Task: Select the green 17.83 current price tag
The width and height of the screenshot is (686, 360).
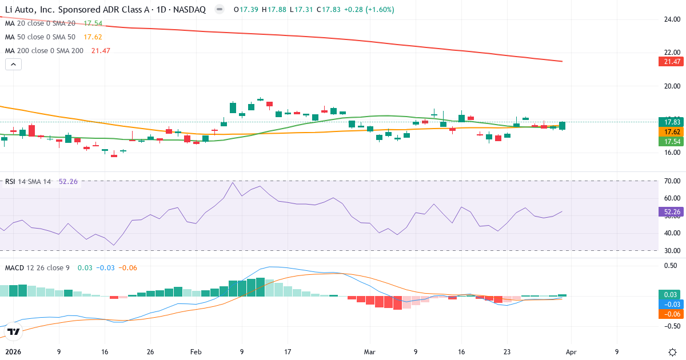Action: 668,122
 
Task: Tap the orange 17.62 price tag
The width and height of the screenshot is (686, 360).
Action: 668,131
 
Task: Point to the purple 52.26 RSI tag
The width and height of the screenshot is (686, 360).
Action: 668,212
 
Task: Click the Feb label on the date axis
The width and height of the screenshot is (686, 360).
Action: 196,352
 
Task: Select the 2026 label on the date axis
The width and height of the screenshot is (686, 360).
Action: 12,352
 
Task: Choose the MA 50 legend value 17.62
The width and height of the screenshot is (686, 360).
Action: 93,37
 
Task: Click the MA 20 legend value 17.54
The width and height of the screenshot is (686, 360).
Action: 93,23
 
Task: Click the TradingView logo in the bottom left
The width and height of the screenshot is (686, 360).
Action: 14,331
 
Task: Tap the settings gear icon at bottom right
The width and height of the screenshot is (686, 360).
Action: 672,352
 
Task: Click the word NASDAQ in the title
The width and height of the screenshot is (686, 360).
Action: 189,10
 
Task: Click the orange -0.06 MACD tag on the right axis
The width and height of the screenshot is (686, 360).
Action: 668,314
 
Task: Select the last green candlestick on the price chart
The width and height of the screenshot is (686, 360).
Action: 563,126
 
